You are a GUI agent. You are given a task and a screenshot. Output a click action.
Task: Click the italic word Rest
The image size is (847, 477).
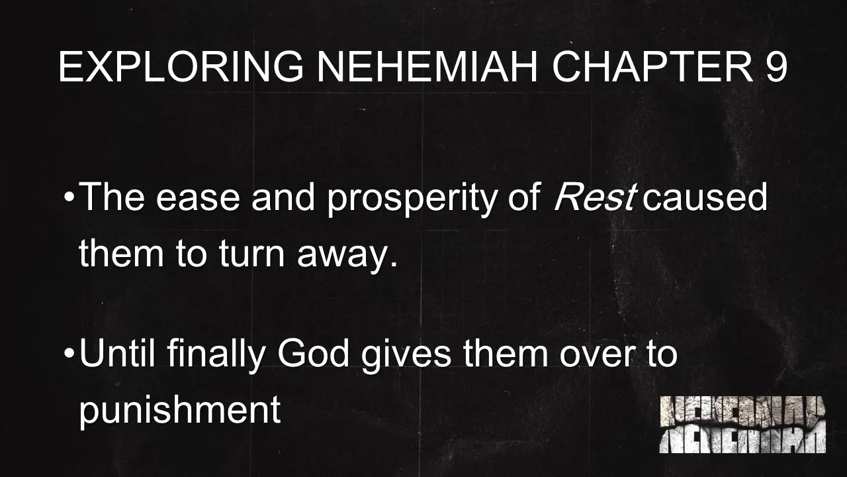(594, 197)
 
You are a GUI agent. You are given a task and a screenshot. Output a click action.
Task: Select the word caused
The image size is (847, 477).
(705, 197)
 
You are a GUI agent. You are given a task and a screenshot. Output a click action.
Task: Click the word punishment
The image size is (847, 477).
(180, 411)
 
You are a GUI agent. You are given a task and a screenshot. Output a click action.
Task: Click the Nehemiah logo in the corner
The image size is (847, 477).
(742, 425)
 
